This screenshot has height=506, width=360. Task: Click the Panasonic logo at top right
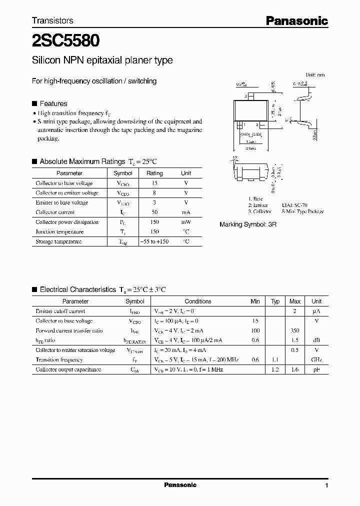pos(296,20)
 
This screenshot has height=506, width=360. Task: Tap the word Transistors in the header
pos(52,20)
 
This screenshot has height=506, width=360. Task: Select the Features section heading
pos(53,103)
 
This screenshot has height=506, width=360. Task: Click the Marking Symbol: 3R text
pos(248,224)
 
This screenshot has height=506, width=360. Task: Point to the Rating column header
pos(154,173)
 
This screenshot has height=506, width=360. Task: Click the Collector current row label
pos(55,212)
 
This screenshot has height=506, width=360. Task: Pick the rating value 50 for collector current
pos(154,212)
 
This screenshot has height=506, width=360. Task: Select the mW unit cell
pos(186,222)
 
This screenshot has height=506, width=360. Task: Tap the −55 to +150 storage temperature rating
pos(154,241)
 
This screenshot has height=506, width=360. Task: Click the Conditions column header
pos(198,301)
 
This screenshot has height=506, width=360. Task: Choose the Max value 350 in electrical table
pos(295,330)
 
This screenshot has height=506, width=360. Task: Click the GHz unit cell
pos(316,360)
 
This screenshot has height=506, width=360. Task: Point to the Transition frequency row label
pos(59,360)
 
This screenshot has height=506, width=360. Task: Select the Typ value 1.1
pos(275,360)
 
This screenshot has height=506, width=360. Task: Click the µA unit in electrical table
pos(316,311)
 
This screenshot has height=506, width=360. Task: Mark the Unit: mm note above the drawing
pos(315,74)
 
